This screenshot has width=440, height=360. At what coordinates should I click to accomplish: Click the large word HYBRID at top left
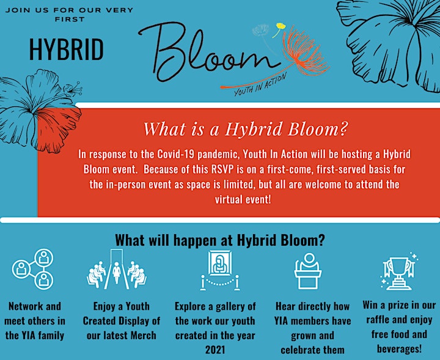66,50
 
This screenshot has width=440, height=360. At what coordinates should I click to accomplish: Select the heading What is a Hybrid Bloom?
246,129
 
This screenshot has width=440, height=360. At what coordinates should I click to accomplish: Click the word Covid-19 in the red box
176,155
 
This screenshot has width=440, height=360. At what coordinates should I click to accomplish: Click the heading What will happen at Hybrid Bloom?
220,240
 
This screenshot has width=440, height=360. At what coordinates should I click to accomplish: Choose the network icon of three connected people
33,269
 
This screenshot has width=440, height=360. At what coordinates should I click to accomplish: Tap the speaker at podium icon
308,271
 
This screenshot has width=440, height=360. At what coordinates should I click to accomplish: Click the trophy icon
398,271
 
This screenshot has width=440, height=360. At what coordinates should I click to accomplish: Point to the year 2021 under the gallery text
215,350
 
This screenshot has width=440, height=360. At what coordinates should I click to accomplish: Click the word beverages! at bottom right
399,349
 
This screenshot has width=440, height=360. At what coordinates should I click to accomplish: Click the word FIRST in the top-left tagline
70,20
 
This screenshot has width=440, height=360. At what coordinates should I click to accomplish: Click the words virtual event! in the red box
243,199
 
